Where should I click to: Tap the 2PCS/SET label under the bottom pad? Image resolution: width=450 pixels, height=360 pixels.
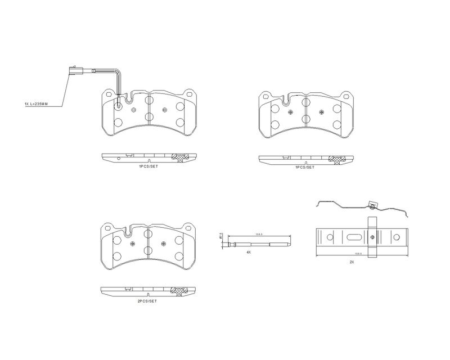click(x=147, y=301)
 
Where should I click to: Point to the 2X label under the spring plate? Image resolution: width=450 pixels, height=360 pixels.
click(x=352, y=262)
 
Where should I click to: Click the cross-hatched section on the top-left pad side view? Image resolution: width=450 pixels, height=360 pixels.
click(x=181, y=157)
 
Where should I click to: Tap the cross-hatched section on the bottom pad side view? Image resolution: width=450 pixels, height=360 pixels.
click(x=181, y=291)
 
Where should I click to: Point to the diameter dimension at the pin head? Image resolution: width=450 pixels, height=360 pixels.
click(x=222, y=237)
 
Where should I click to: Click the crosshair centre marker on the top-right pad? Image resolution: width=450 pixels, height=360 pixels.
click(x=291, y=112)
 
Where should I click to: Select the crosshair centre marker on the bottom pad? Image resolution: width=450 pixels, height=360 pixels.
click(x=163, y=244)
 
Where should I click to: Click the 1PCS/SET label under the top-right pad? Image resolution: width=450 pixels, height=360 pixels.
click(x=304, y=167)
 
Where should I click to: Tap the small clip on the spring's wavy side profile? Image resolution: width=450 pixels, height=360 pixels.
click(x=372, y=206)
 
